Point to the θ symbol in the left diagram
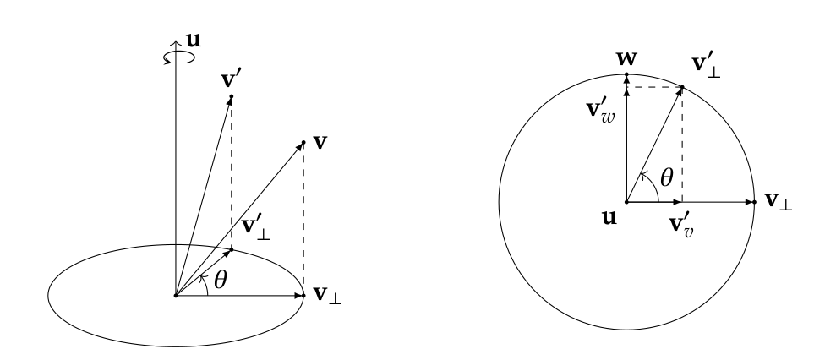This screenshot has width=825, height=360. point(221,280)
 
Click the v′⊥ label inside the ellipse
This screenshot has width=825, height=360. point(256,227)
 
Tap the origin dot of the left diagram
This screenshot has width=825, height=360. point(175,296)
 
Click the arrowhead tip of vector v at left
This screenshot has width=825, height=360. point(303,142)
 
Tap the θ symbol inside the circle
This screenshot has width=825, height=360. point(665,178)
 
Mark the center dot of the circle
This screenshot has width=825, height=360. point(626,202)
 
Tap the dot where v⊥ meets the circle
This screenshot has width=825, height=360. point(753,202)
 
